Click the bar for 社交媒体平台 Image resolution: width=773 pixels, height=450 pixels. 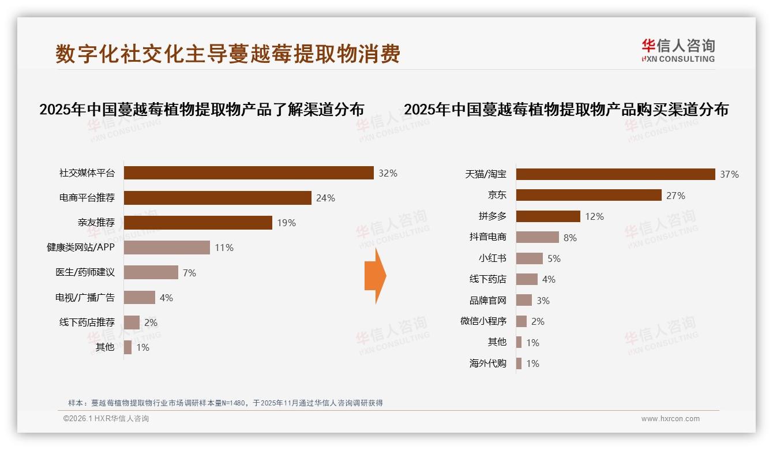click(249, 173)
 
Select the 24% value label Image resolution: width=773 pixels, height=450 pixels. click(325, 198)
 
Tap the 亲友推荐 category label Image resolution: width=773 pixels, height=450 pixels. click(96, 223)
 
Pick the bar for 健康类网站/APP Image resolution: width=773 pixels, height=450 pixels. click(167, 247)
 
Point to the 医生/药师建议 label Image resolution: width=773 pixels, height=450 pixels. click(85, 272)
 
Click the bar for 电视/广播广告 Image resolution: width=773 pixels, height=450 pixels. click(139, 298)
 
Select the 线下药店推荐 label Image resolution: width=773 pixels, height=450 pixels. click(87, 322)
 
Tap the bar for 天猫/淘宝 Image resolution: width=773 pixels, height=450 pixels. click(616, 174)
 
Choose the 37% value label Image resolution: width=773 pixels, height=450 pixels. click(729, 174)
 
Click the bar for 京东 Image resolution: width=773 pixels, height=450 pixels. click(588, 195)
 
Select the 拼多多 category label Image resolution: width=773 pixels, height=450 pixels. click(492, 216)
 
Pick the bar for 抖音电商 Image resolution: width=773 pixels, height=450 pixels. click(537, 237)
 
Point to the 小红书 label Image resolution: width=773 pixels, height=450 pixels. click(492, 258)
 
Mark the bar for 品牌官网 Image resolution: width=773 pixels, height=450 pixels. click(524, 300)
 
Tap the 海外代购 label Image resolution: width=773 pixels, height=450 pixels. click(487, 363)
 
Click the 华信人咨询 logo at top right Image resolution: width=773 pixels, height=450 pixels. click(678, 51)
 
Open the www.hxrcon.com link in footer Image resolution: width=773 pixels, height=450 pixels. click(670, 419)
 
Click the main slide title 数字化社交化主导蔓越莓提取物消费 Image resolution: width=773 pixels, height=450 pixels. click(228, 54)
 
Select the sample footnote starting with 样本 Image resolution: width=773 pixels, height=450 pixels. click(226, 403)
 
